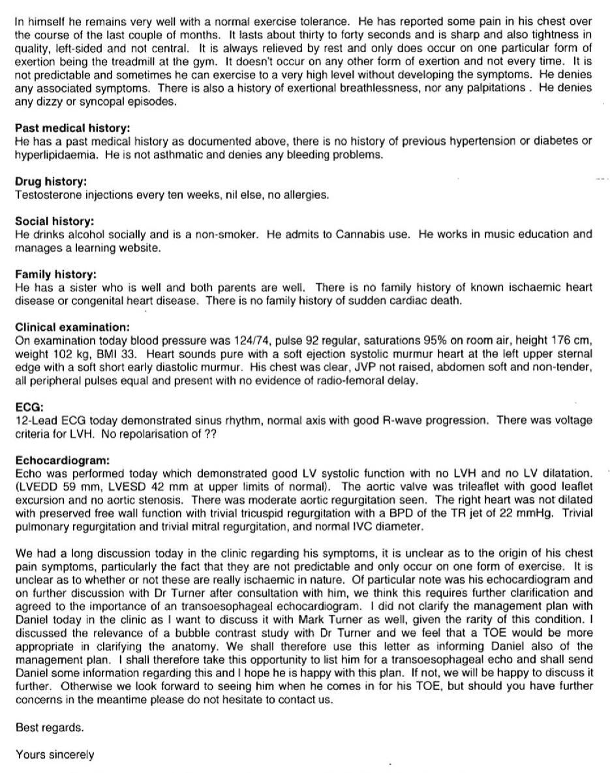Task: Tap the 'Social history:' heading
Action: pyautogui.click(x=54, y=221)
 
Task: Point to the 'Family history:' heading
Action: pyautogui.click(x=55, y=275)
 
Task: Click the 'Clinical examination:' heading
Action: pyautogui.click(x=72, y=327)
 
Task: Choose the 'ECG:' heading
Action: pyautogui.click(x=27, y=408)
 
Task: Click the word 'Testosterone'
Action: pyautogui.click(x=46, y=195)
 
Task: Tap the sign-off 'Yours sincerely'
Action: pyautogui.click(x=55, y=754)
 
